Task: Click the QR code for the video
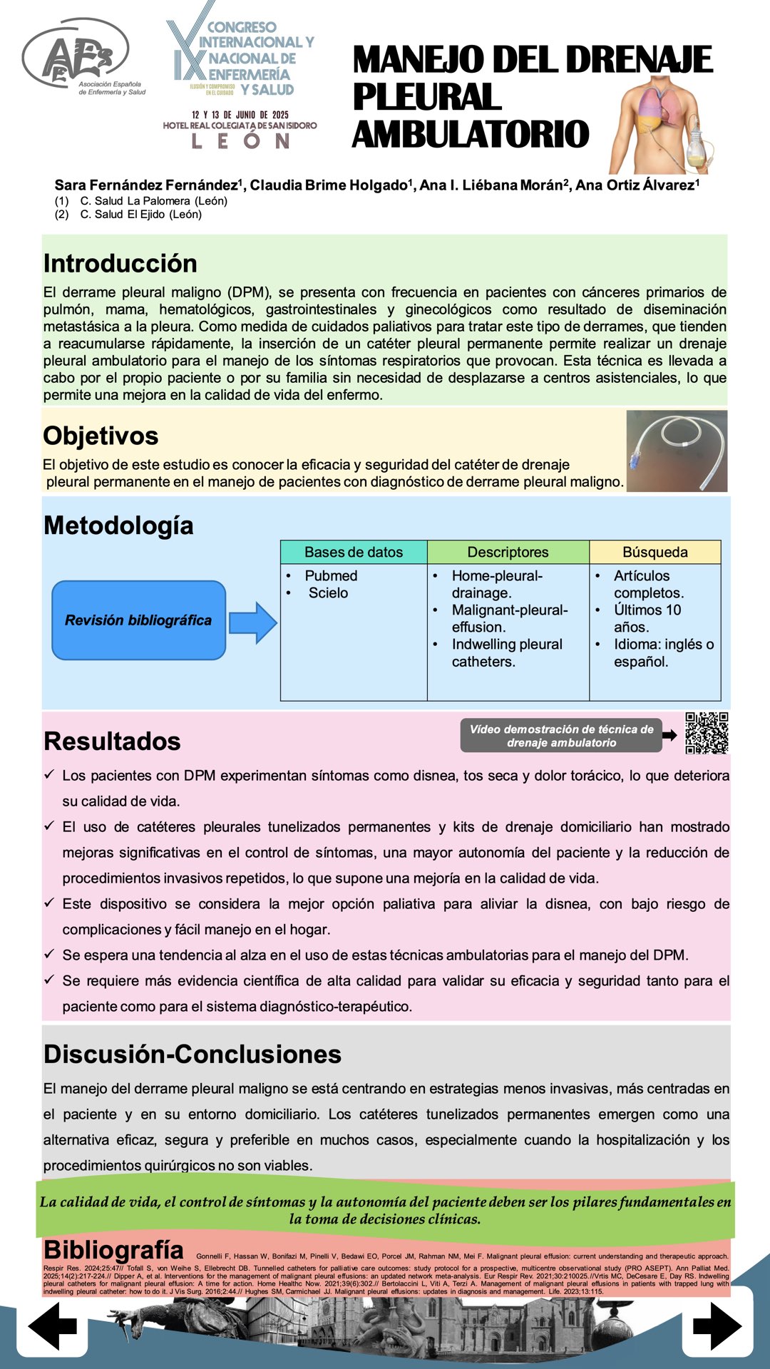click(707, 732)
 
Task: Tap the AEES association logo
click(78, 61)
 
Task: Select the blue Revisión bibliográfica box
click(138, 620)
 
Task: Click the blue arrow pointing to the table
click(253, 622)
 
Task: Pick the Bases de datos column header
click(354, 552)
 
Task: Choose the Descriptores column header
click(508, 552)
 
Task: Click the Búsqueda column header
click(654, 552)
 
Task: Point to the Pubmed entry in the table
click(331, 575)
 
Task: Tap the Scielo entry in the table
click(328, 593)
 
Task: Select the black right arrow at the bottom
click(717, 1326)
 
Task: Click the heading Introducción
click(120, 263)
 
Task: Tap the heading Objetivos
click(101, 436)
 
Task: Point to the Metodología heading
click(118, 525)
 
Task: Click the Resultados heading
click(112, 741)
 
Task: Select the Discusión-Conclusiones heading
click(192, 1054)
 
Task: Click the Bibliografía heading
click(114, 1249)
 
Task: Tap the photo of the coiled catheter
click(677, 451)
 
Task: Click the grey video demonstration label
click(561, 736)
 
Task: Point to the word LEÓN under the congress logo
click(240, 141)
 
